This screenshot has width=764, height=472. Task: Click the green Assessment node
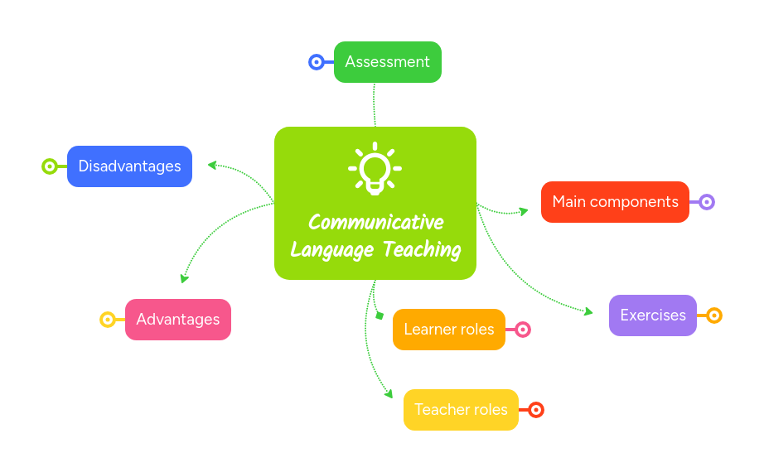pyautogui.click(x=387, y=62)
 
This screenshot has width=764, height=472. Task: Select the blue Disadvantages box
pyautogui.click(x=129, y=166)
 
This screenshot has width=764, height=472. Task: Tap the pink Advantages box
pyautogui.click(x=177, y=320)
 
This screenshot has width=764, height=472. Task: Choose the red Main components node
pyautogui.click(x=615, y=202)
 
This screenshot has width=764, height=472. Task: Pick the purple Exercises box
pyautogui.click(x=652, y=315)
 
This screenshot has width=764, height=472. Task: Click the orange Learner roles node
pyautogui.click(x=448, y=330)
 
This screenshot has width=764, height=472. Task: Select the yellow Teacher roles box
pyautogui.click(x=461, y=410)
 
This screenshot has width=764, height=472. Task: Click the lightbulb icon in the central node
pyautogui.click(x=375, y=170)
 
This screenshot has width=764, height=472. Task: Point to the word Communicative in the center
pyautogui.click(x=375, y=223)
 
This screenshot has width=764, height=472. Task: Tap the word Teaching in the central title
pyautogui.click(x=423, y=249)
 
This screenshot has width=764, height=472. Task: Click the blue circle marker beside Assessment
pyautogui.click(x=316, y=62)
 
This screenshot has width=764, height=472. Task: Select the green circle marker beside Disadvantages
pyautogui.click(x=50, y=166)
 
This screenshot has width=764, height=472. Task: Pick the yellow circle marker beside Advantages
pyautogui.click(x=107, y=320)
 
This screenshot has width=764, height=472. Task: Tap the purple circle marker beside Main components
pyautogui.click(x=707, y=202)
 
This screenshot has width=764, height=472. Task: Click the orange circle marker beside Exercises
pyautogui.click(x=714, y=315)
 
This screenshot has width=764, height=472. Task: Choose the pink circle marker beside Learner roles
pyautogui.click(x=523, y=330)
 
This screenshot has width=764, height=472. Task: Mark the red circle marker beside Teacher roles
pyautogui.click(x=536, y=410)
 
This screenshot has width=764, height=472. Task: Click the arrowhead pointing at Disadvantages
pyautogui.click(x=212, y=165)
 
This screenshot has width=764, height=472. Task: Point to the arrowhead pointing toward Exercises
pyautogui.click(x=588, y=312)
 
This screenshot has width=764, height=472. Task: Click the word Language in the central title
pyautogui.click(x=330, y=249)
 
